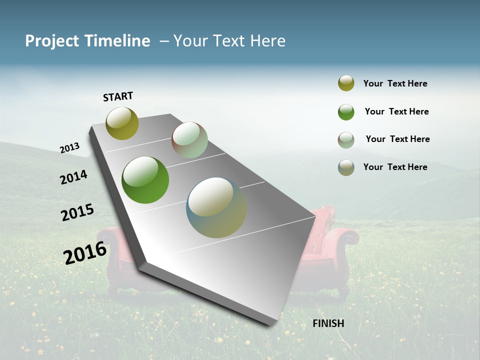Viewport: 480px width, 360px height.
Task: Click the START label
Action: (x=118, y=96)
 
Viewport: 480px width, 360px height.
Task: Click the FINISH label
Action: (x=328, y=323)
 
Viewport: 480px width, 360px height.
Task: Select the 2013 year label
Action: (x=69, y=147)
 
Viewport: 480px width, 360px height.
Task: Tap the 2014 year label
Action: (x=73, y=177)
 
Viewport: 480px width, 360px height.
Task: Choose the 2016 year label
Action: (x=85, y=252)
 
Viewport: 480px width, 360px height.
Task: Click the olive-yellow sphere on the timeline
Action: (x=122, y=123)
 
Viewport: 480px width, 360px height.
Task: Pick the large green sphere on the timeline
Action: (x=145, y=180)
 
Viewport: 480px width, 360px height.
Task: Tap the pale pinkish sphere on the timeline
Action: (x=189, y=140)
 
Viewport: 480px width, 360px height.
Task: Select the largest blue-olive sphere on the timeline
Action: (x=216, y=207)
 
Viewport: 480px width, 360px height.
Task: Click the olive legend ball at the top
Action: (x=346, y=83)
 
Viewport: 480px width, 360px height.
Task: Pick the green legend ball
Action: (x=346, y=112)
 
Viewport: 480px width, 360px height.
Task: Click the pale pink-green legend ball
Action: (x=346, y=140)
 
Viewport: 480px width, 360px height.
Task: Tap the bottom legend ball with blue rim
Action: (x=346, y=167)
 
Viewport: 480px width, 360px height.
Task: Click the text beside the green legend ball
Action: (x=396, y=111)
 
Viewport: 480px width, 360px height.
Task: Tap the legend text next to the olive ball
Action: (x=395, y=83)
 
